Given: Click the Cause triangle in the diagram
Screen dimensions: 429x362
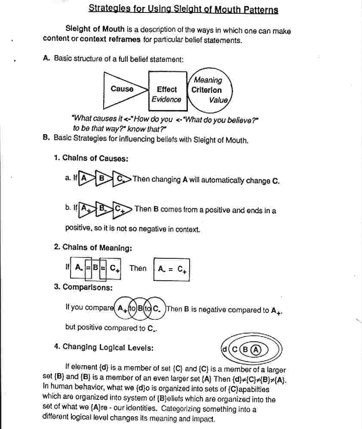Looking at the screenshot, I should click(x=123, y=89).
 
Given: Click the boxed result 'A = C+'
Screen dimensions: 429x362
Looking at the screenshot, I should click(x=172, y=269).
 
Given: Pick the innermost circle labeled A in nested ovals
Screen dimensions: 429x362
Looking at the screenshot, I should click(x=256, y=349).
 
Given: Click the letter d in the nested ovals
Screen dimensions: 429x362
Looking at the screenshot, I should click(x=224, y=349).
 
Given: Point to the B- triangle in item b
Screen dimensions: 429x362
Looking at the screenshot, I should click(x=103, y=209).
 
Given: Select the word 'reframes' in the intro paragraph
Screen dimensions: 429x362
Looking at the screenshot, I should click(x=125, y=40).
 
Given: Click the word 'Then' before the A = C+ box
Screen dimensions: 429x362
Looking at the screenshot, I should click(x=138, y=268).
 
